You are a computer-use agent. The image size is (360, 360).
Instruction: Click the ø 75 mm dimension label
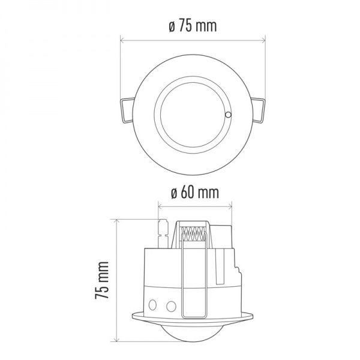click(x=193, y=27)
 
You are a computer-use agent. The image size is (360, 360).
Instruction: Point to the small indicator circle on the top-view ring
click(x=228, y=115)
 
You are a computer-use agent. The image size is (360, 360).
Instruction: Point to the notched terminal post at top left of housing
click(x=161, y=232)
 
